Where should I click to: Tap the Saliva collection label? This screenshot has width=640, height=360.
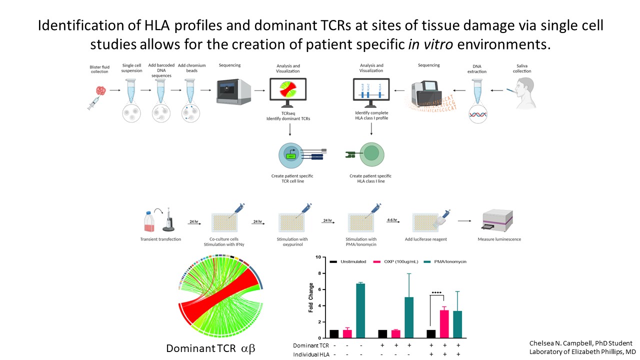521,68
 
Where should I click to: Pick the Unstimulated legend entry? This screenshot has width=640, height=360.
350,261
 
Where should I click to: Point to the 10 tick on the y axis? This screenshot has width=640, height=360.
316,257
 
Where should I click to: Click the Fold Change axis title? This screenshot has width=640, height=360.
311,298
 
